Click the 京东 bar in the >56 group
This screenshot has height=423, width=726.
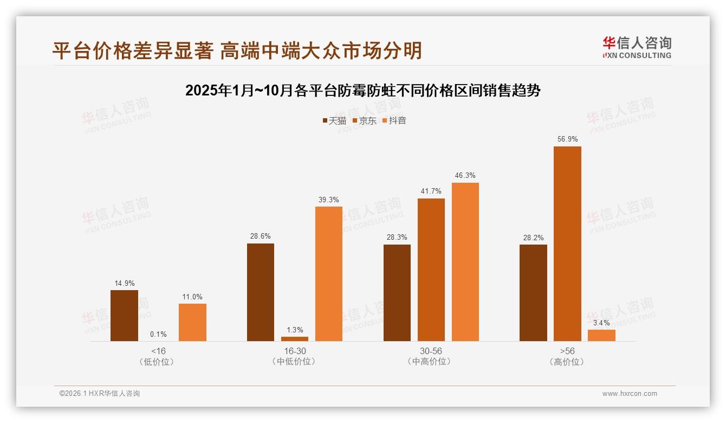[567, 243]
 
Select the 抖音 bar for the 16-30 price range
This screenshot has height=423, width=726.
[329, 274]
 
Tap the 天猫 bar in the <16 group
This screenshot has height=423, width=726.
[124, 316]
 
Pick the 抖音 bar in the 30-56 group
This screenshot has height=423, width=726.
[465, 262]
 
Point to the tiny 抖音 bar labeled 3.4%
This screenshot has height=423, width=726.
[601, 336]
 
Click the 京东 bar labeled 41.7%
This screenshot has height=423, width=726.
[431, 270]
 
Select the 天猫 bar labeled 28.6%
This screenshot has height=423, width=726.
[261, 292]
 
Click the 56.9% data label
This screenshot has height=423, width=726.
[567, 139]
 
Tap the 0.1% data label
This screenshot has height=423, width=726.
[158, 334]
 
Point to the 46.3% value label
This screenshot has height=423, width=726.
[465, 176]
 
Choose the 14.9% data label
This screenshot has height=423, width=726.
[124, 283]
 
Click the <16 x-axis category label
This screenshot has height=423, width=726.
[158, 351]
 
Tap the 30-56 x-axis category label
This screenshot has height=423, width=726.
[431, 351]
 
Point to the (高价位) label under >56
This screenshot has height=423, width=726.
[567, 362]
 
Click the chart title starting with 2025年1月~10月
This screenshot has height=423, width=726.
[363, 91]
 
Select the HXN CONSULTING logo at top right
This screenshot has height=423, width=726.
[637, 47]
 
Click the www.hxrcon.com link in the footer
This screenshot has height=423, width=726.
[630, 394]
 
